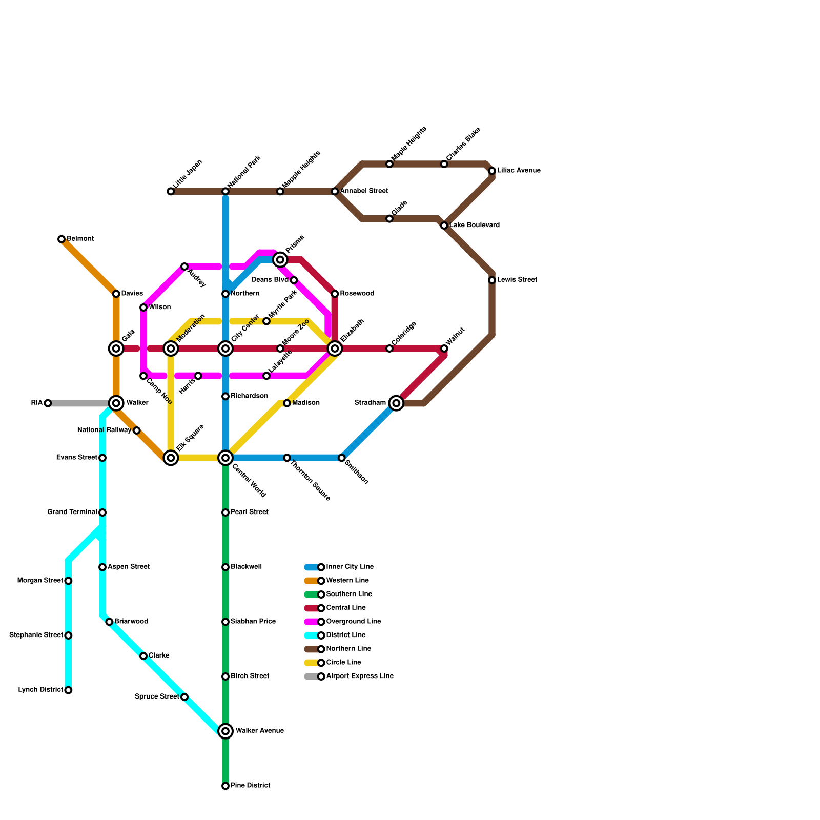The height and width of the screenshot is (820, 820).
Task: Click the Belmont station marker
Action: [x=61, y=239]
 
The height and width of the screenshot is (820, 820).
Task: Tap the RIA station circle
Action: [x=48, y=403]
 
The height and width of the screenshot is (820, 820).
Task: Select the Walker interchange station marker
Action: [x=116, y=403]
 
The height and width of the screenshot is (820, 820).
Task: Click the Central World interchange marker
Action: [x=225, y=458]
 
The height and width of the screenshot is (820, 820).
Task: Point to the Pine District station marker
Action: [x=225, y=786]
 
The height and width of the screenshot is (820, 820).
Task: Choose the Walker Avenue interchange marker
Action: [x=225, y=731]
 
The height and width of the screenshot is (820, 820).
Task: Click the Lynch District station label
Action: [x=40, y=690]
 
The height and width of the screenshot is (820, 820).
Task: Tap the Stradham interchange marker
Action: [x=396, y=403]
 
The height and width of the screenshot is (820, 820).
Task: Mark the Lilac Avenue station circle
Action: [x=492, y=171]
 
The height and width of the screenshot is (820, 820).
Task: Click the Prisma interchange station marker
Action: [x=280, y=260]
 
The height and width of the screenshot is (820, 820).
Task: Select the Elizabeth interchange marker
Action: [x=335, y=348]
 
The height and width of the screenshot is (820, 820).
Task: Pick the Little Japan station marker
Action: [x=171, y=192]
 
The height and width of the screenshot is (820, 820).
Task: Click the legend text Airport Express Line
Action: [x=360, y=676]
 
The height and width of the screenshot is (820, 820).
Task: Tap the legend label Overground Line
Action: [x=354, y=622]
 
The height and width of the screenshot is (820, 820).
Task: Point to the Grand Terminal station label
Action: [x=72, y=512]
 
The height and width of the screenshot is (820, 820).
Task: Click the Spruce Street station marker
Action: [x=184, y=697]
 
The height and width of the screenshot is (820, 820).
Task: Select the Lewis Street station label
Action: [x=517, y=280]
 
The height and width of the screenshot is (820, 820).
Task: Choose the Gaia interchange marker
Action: [x=116, y=348]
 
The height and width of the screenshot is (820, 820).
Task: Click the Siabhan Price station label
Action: [x=253, y=622]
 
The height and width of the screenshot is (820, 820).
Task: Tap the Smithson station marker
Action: [x=342, y=458]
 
